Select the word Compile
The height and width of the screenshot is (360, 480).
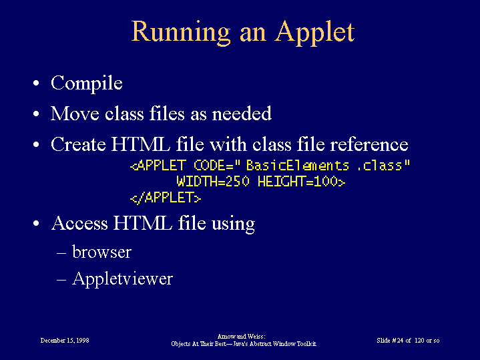tap(87, 83)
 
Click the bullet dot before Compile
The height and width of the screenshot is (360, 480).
tap(36, 83)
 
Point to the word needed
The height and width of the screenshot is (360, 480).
tap(242, 114)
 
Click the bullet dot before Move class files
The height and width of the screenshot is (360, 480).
tap(36, 114)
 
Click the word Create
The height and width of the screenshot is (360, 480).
tap(78, 144)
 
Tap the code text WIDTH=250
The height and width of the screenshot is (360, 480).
tap(213, 182)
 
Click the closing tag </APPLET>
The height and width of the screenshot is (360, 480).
tap(166, 198)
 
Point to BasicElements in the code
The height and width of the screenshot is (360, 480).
tap(298, 166)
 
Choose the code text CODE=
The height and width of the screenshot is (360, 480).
tap(214, 166)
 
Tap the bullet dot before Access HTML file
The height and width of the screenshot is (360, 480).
tap(36, 223)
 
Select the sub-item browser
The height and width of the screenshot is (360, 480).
tap(101, 252)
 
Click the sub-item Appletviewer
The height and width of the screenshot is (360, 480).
tap(122, 279)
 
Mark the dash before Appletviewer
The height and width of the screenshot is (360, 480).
tap(61, 280)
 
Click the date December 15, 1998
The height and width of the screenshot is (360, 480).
tap(65, 341)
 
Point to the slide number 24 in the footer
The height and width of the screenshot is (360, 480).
tap(400, 341)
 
